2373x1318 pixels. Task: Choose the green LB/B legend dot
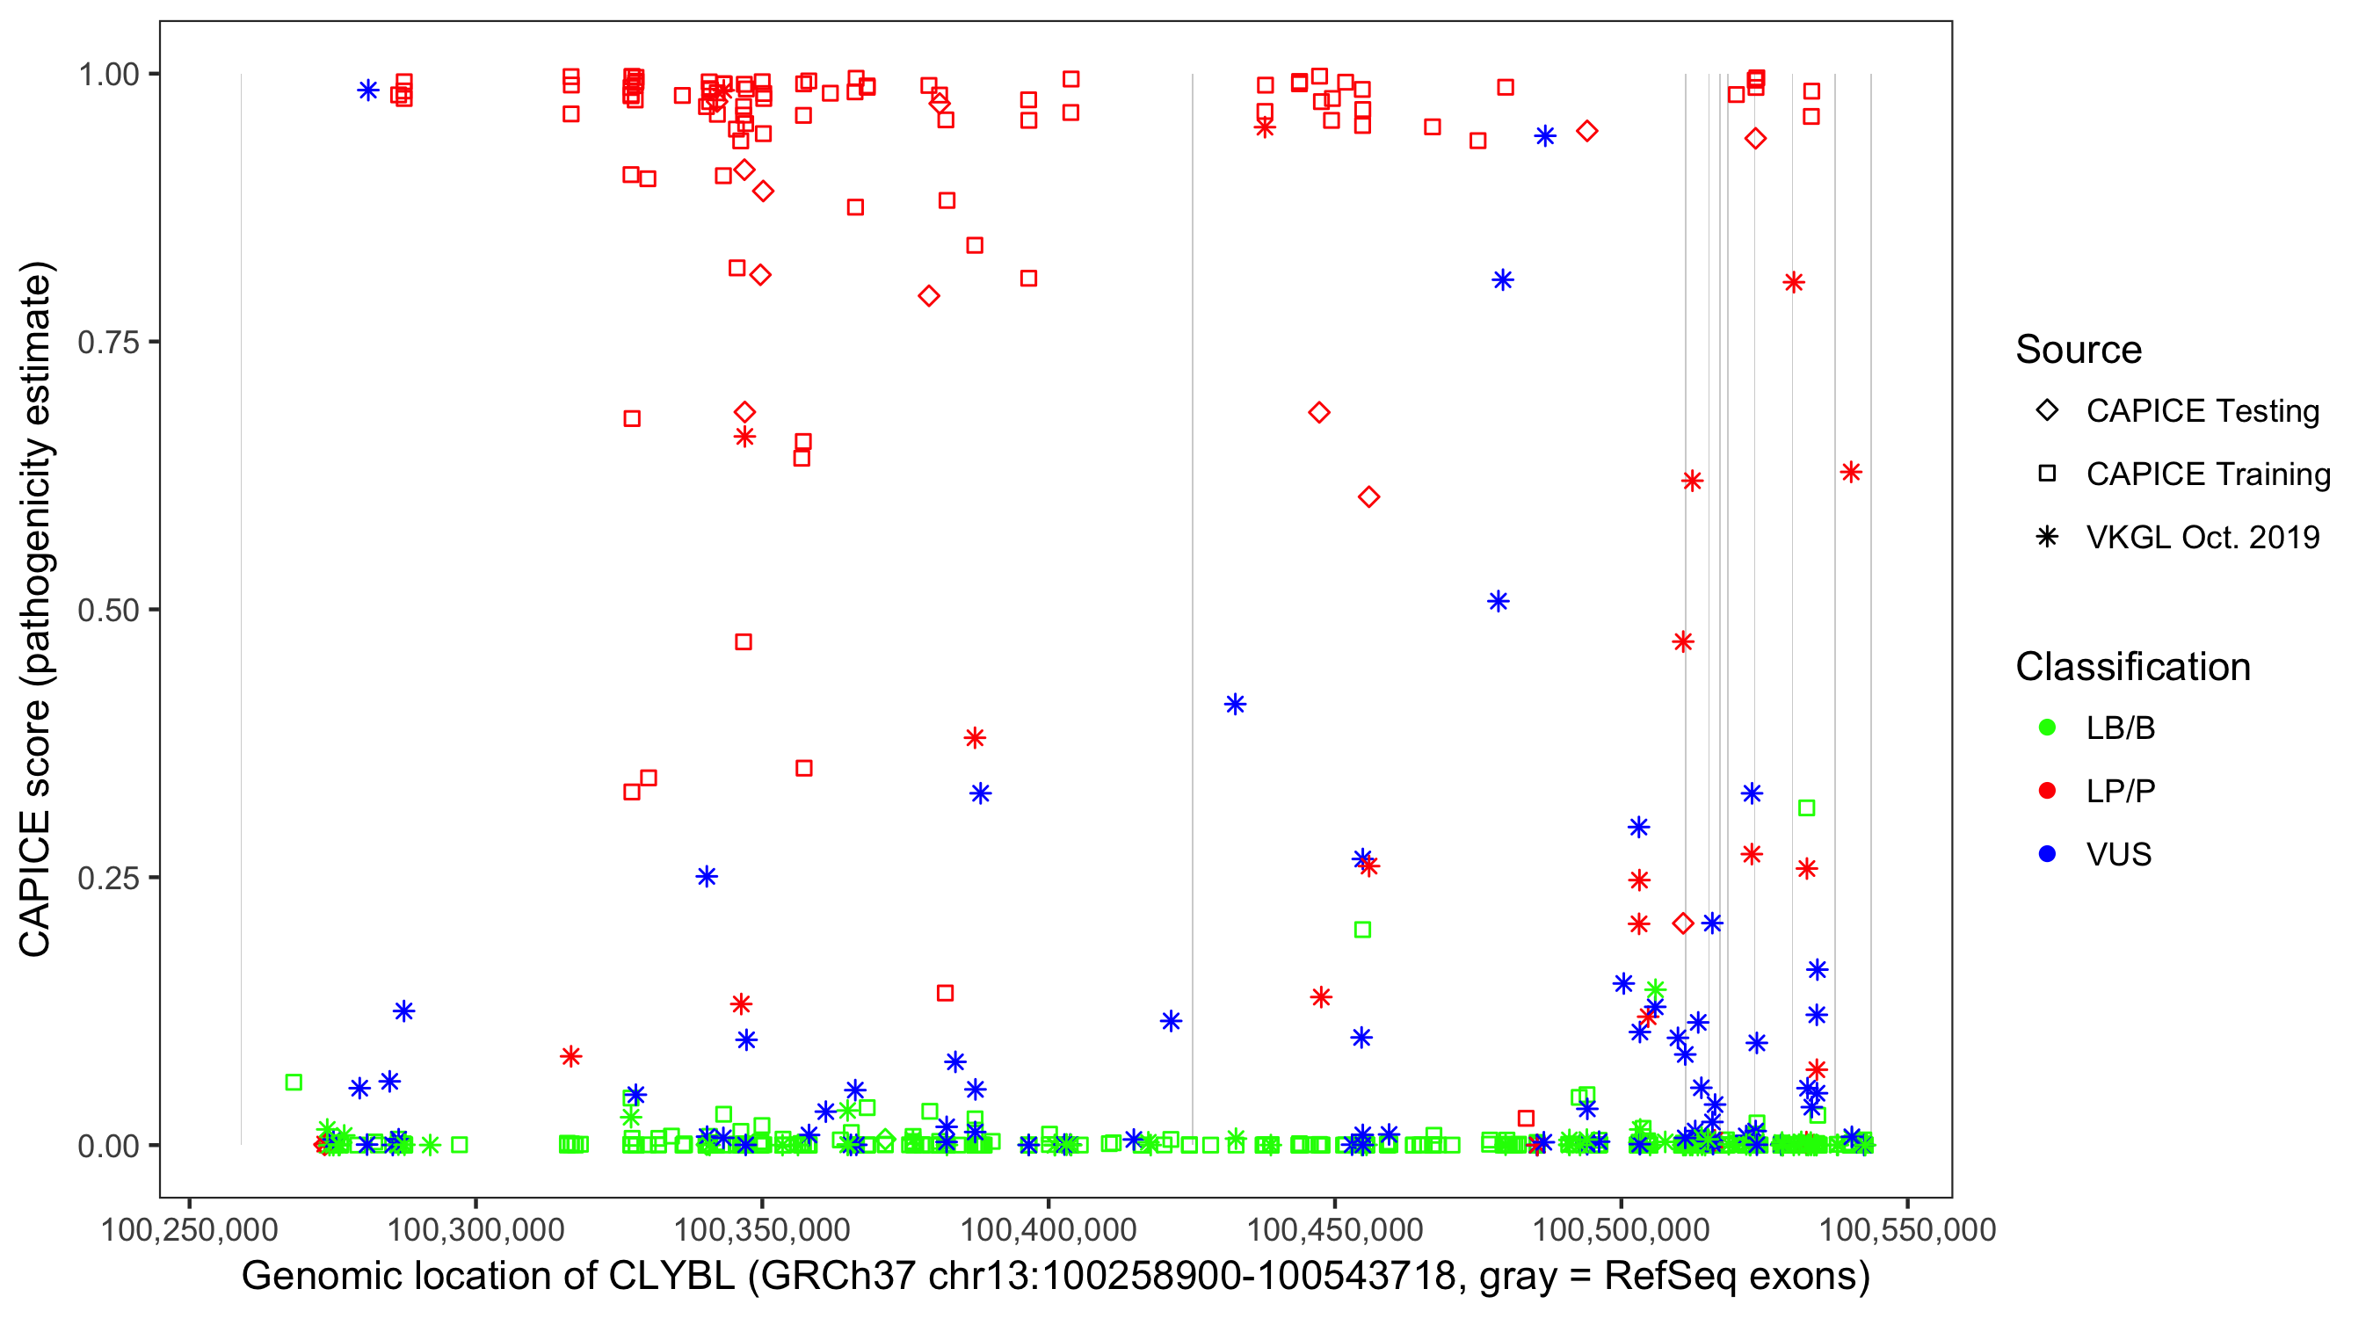click(x=2047, y=728)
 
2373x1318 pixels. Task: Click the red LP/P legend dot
click(x=2047, y=791)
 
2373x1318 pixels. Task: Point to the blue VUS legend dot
click(x=2047, y=854)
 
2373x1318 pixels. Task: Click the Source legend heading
click(x=2079, y=350)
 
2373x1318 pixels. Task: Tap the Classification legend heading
click(x=2132, y=667)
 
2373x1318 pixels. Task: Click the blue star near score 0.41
click(x=1236, y=705)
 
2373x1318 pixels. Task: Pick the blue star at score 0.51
click(x=1498, y=601)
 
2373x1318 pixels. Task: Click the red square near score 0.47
click(x=744, y=642)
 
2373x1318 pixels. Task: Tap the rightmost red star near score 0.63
click(x=1851, y=473)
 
